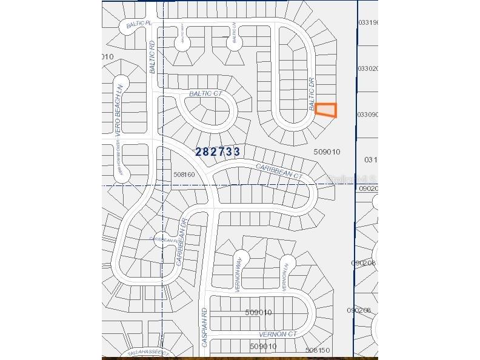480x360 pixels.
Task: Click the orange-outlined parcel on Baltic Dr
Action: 326,110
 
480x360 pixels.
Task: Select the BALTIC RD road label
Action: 153,58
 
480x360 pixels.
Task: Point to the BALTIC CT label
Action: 205,93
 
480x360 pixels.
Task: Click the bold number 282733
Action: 218,152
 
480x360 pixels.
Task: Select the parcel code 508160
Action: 184,175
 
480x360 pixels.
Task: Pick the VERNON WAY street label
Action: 239,275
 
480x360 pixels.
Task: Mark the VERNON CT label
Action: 278,334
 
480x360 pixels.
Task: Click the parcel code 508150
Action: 318,350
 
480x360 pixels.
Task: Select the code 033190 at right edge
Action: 367,22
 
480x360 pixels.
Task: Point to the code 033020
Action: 367,68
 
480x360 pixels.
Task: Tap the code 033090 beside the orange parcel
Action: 367,114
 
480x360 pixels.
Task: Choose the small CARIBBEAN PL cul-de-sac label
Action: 163,239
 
